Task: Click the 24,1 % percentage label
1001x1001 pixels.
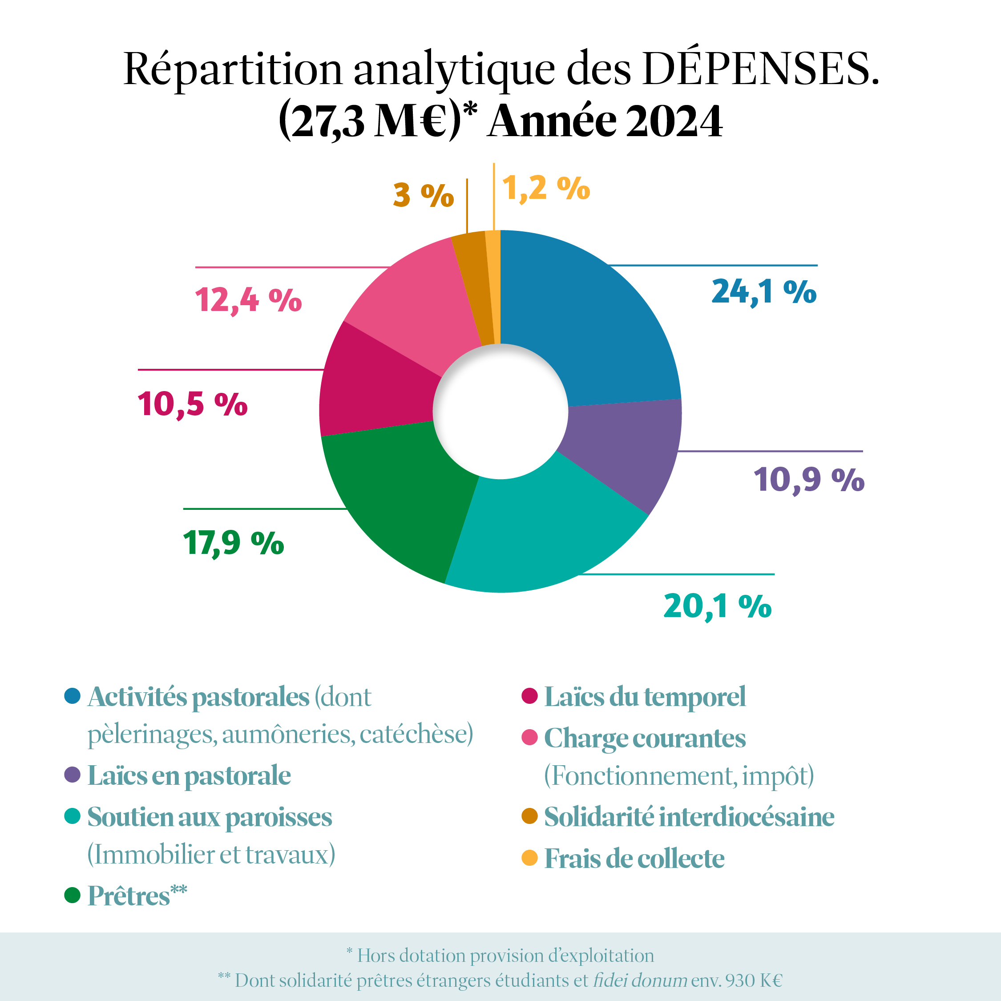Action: (764, 292)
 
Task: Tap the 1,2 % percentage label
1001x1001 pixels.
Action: (545, 188)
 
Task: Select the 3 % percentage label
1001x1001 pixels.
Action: (423, 195)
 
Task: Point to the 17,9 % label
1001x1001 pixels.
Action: (233, 543)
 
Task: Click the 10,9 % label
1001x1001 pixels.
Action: (808, 479)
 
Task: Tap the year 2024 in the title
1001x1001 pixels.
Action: (674, 121)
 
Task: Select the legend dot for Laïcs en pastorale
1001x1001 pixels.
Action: (73, 775)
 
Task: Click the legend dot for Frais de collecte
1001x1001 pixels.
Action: (529, 858)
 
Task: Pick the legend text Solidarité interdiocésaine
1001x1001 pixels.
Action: (689, 817)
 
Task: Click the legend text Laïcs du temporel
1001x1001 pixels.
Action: (645, 696)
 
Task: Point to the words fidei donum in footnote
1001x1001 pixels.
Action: (640, 980)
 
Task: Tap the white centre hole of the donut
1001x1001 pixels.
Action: (500, 412)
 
